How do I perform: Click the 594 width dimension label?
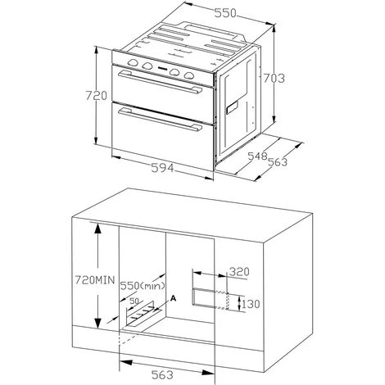pyautogui.click(x=162, y=168)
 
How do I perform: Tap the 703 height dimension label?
pyautogui.click(x=274, y=78)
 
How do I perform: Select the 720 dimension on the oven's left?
pyautogui.click(x=96, y=96)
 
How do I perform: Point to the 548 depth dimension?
pyautogui.click(x=257, y=156)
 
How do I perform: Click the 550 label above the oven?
pyautogui.click(x=224, y=13)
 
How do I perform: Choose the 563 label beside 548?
pyautogui.click(x=278, y=162)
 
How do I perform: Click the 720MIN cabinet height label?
pyautogui.click(x=95, y=280)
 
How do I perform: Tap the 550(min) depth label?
pyautogui.click(x=143, y=286)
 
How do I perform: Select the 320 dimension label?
pyautogui.click(x=239, y=272)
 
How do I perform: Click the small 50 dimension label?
pyautogui.click(x=134, y=301)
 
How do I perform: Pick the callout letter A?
pyautogui.click(x=173, y=298)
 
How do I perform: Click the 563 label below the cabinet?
pyautogui.click(x=162, y=374)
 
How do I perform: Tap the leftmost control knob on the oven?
pyautogui.click(x=133, y=63)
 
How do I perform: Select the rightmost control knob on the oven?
pyautogui.click(x=188, y=75)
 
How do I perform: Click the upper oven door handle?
pyautogui.click(x=161, y=82)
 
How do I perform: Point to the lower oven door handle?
pyautogui.click(x=161, y=120)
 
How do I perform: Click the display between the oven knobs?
pyautogui.click(x=162, y=68)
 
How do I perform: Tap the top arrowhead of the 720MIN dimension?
pyautogui.click(x=97, y=228)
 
